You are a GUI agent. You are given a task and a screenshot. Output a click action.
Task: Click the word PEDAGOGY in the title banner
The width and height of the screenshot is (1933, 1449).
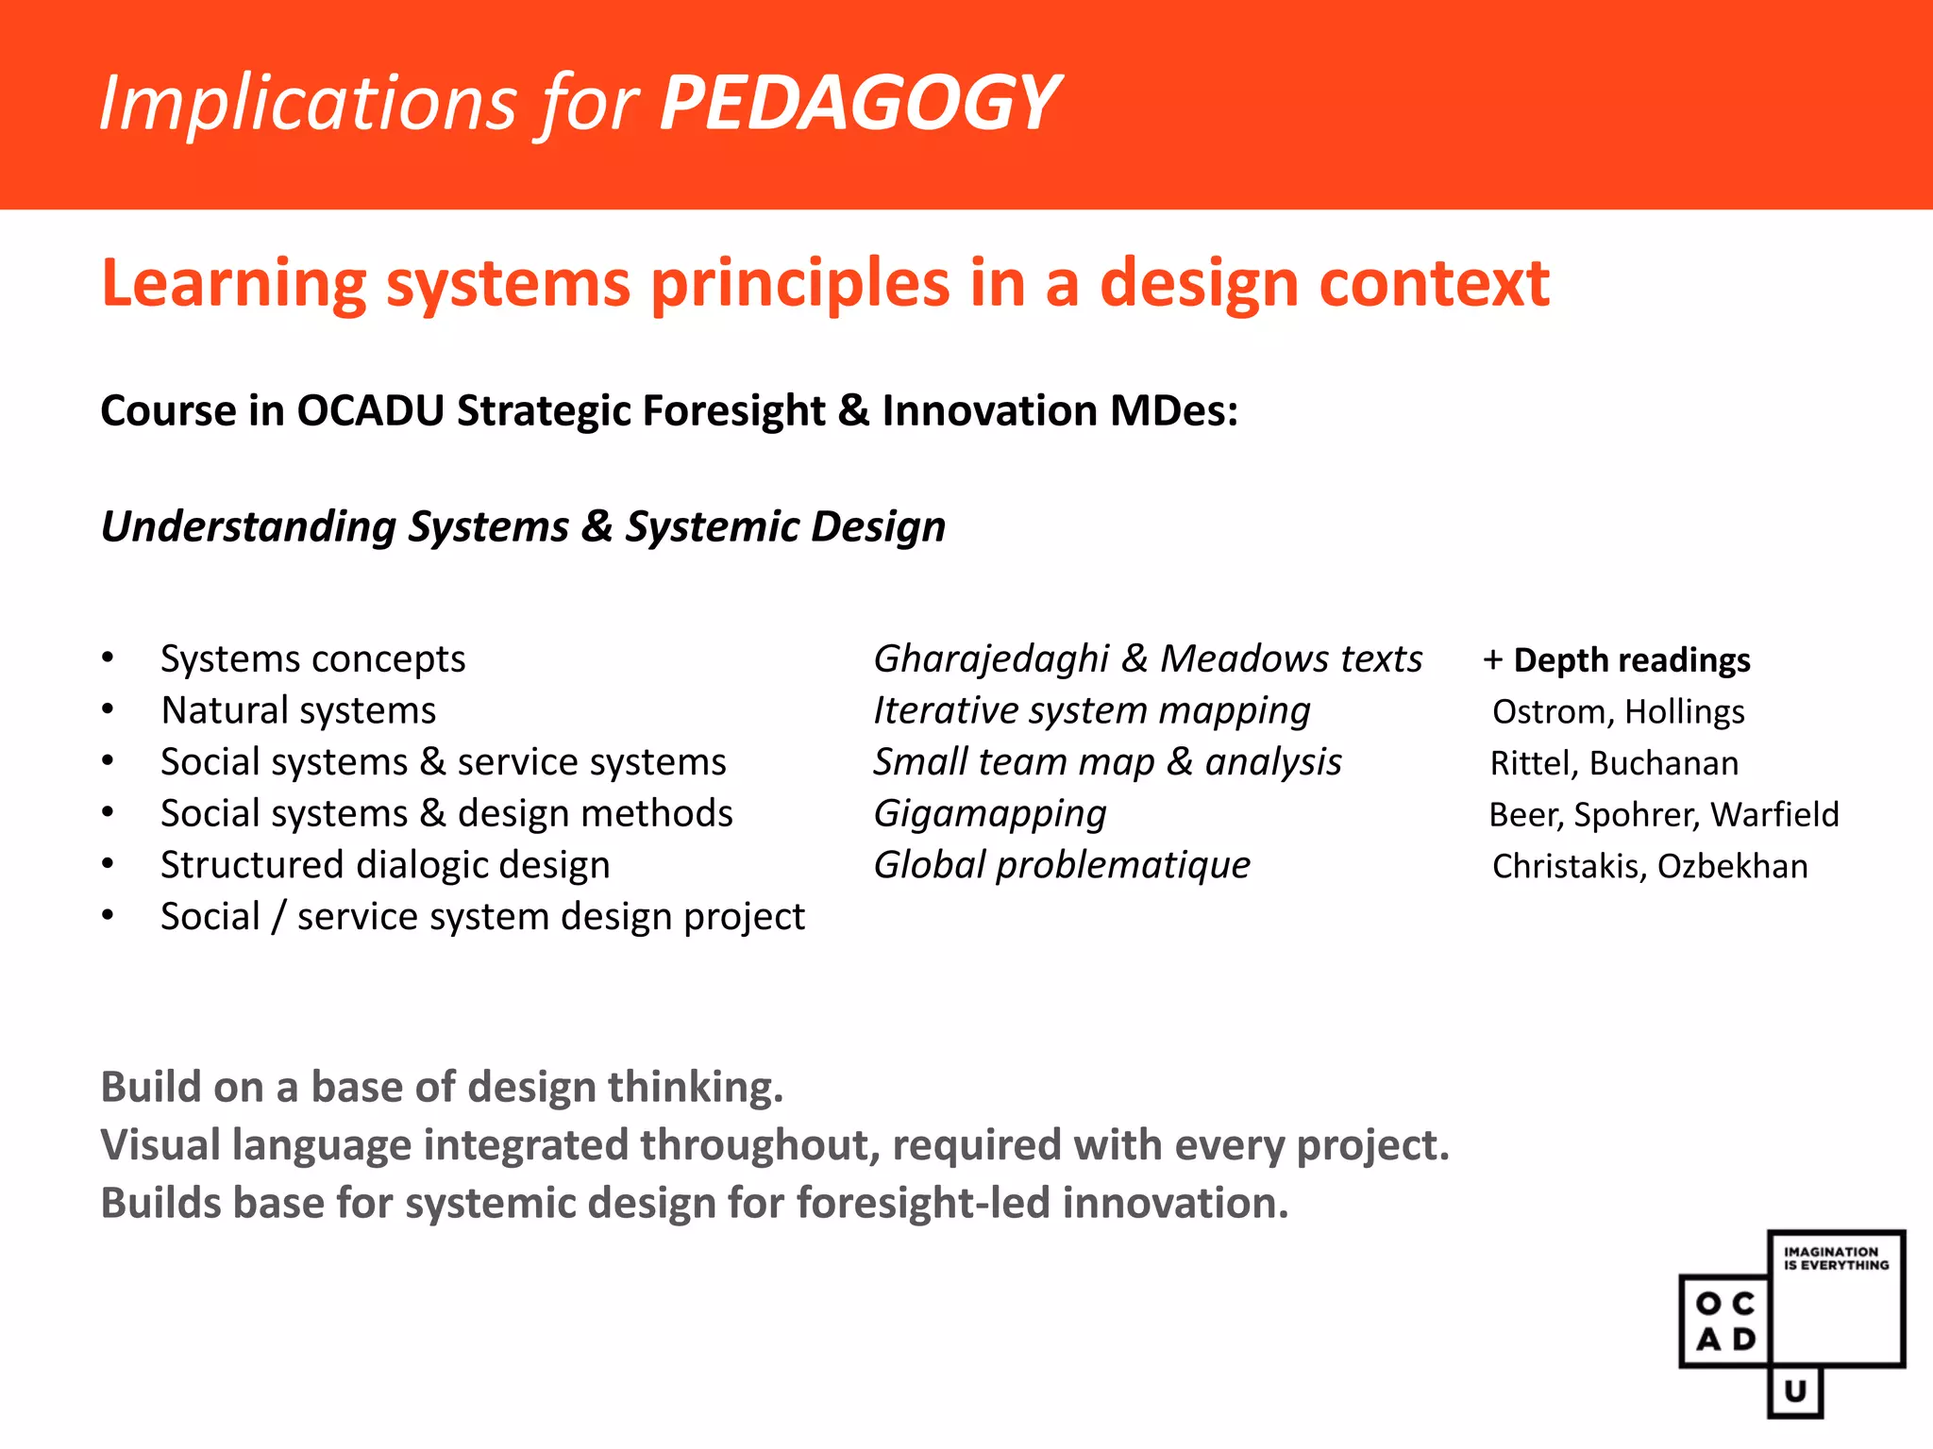[859, 104]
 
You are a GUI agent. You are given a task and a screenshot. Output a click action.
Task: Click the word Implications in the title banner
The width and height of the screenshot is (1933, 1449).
[308, 104]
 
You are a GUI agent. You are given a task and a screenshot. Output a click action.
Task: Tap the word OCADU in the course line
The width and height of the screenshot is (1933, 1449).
[370, 411]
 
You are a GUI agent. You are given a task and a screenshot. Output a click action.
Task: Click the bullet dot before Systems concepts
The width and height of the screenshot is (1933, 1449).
[109, 658]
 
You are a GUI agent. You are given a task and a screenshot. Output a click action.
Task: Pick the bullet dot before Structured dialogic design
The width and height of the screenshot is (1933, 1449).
[109, 864]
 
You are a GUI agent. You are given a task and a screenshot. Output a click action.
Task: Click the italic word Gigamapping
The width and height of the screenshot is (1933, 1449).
[989, 814]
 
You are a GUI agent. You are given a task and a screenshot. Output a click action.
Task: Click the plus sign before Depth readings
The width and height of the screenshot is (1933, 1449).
[1492, 660]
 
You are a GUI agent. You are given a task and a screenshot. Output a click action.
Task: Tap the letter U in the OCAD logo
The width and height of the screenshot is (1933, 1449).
[1795, 1391]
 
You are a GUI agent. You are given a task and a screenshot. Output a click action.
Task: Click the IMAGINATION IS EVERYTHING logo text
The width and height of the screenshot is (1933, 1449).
[1836, 1258]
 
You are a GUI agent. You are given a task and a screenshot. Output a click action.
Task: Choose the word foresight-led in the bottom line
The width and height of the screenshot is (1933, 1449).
[923, 1204]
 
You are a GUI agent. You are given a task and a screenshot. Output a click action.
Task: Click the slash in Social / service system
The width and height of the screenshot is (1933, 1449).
[277, 917]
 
